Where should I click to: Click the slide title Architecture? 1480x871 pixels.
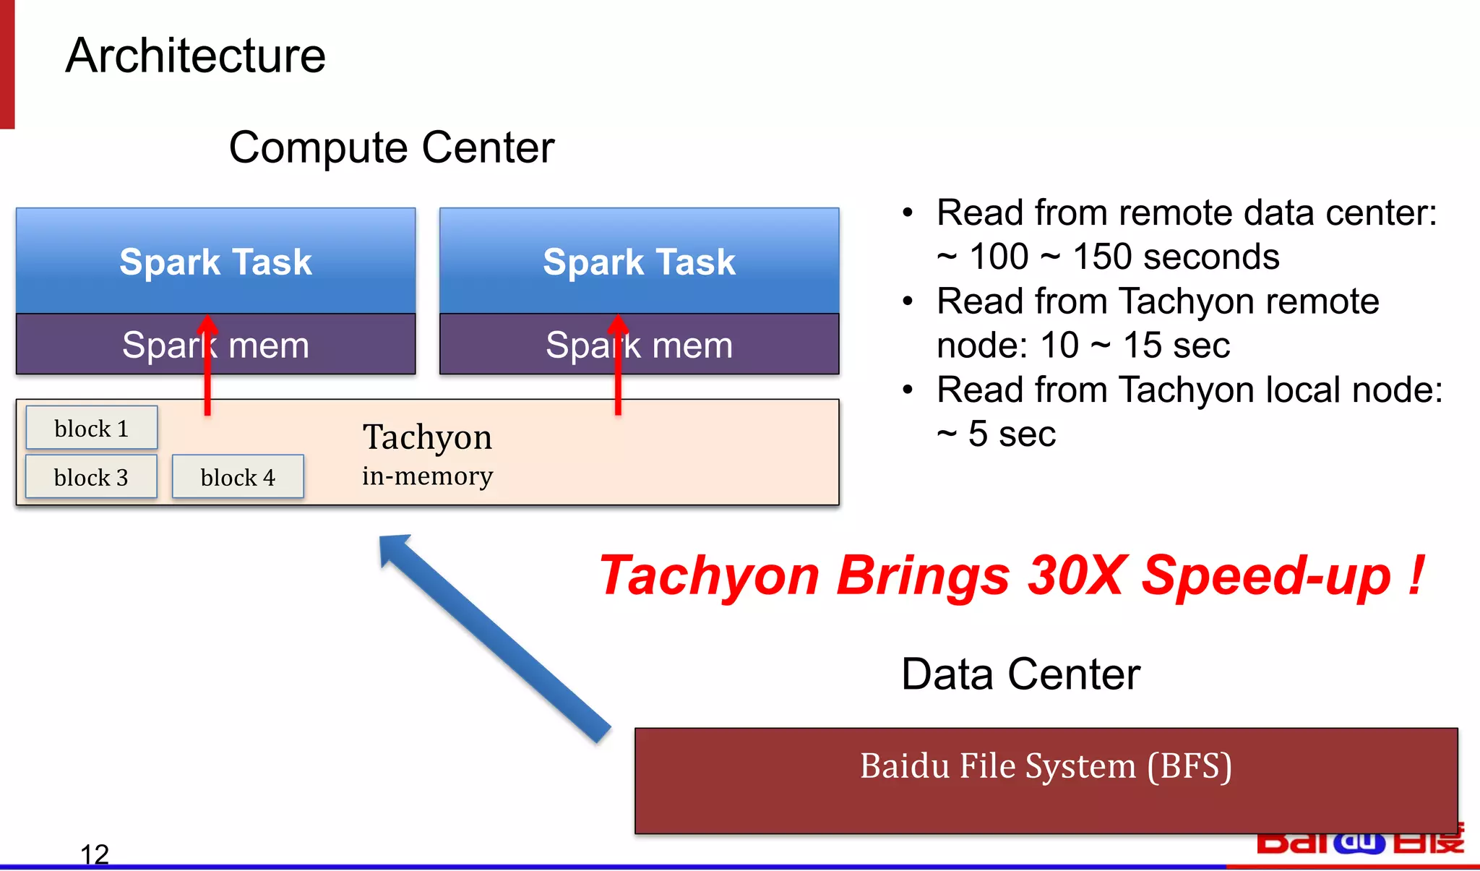[x=195, y=56]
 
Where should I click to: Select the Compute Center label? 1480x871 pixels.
[x=391, y=147]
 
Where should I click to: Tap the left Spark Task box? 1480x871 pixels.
[x=215, y=261]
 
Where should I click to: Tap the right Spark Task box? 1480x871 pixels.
[x=639, y=261]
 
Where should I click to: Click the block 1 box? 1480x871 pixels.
[x=91, y=428]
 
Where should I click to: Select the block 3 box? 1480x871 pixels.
[x=91, y=477]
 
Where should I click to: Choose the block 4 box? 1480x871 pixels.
[x=238, y=477]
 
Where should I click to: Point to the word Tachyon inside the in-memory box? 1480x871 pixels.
[x=427, y=437]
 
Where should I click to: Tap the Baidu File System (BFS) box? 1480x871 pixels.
[x=1046, y=781]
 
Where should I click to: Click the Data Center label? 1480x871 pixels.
[x=1020, y=674]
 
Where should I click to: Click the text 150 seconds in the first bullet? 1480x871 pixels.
[x=1176, y=257]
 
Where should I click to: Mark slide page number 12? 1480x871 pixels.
[x=95, y=854]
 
